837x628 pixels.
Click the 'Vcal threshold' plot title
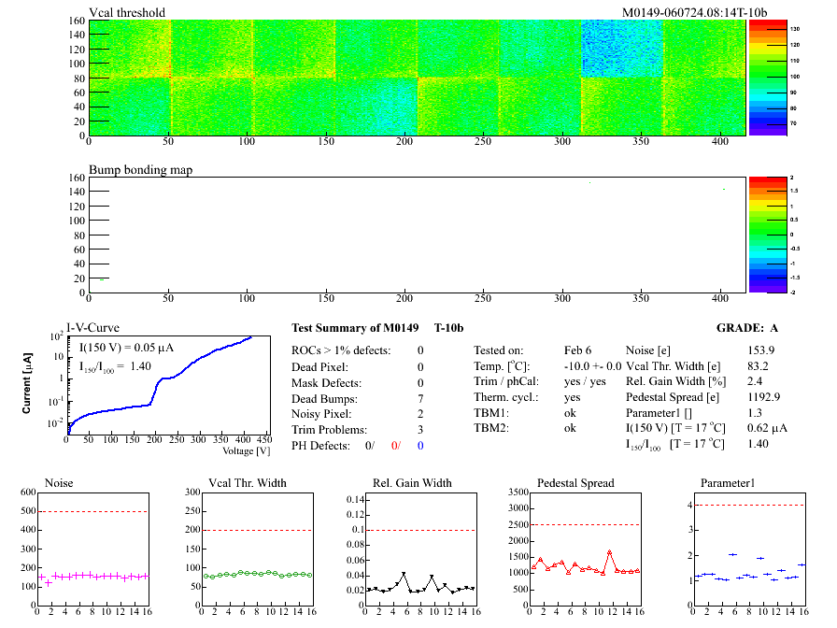127,12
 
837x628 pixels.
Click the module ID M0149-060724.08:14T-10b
694,12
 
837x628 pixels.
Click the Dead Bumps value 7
420,399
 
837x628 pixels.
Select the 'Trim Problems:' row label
329,430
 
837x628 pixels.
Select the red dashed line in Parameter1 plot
747,506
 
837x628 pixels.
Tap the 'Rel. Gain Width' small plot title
408,483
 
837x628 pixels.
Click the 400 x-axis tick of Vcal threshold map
718,142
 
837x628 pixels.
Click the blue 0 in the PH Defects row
420,446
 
